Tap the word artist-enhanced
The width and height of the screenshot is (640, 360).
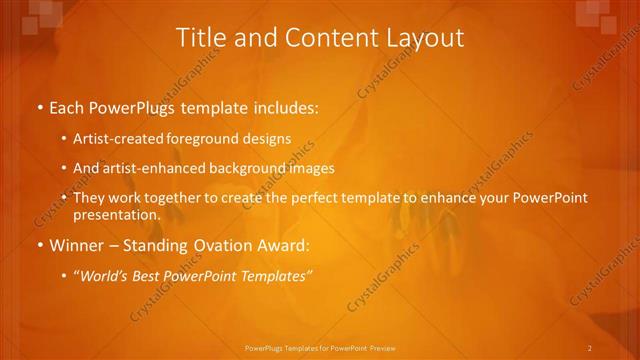(152, 168)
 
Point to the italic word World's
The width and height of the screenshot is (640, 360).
(105, 275)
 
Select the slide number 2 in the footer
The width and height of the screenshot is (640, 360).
(590, 348)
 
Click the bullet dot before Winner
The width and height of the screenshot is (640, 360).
(39, 246)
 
